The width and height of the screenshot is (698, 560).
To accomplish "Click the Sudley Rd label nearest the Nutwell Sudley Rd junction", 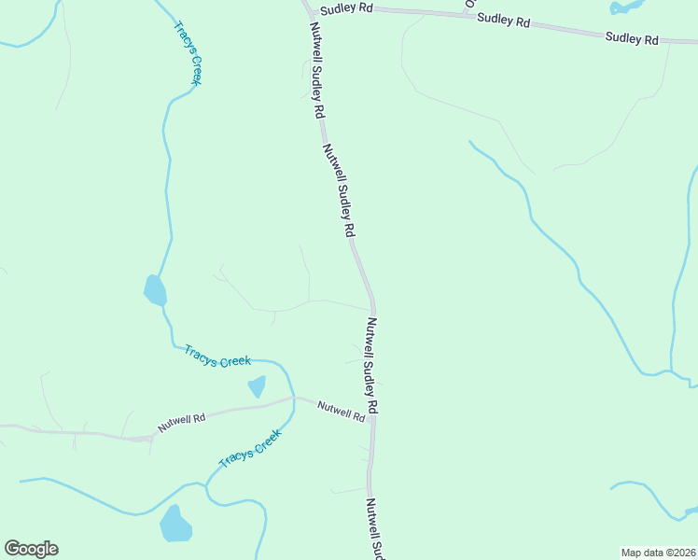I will click(x=346, y=8).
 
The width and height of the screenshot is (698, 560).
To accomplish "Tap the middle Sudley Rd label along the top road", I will click(x=503, y=20).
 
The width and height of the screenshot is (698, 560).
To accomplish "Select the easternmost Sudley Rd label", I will click(x=632, y=38).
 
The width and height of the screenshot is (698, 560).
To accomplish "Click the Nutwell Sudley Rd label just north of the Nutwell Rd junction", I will click(x=372, y=366).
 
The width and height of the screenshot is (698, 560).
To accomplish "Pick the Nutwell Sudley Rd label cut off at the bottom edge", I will click(x=374, y=528).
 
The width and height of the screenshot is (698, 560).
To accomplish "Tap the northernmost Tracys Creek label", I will click(x=188, y=53).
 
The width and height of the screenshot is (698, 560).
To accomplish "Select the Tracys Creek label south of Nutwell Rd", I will click(x=249, y=449).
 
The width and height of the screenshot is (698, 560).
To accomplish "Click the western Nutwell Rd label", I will click(x=181, y=423).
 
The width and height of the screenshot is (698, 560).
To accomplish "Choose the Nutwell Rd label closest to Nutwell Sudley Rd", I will click(x=341, y=410).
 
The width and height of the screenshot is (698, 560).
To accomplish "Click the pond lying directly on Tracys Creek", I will click(x=155, y=291).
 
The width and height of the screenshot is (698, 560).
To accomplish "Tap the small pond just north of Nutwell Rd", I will click(x=257, y=386).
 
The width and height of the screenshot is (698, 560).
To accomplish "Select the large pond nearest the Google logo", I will click(x=175, y=525).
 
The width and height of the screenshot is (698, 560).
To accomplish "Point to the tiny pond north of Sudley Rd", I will click(x=621, y=7).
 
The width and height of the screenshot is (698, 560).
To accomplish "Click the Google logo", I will click(x=31, y=549).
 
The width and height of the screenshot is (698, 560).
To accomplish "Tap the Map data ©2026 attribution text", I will click(x=659, y=552).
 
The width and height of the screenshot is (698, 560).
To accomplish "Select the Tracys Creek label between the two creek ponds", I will click(x=217, y=356).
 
